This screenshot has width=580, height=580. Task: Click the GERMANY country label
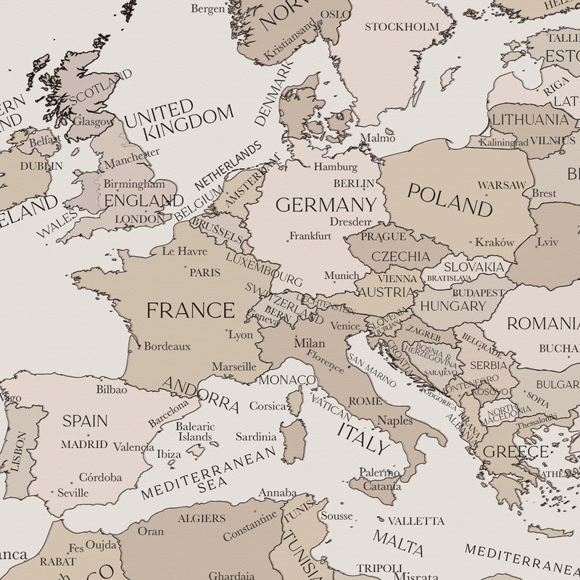click(326, 205)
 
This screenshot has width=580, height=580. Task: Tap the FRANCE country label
click(191, 310)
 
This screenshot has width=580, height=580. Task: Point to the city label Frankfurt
click(310, 236)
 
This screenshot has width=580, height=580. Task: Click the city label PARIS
click(204, 273)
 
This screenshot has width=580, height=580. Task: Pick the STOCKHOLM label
click(402, 27)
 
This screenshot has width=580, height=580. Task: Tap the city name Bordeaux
click(167, 346)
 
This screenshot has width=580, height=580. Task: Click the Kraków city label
click(494, 242)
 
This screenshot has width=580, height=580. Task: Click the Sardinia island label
click(256, 436)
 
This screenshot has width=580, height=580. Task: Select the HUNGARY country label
click(452, 306)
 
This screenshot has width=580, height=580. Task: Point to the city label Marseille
click(233, 367)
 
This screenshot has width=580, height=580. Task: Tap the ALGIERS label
click(202, 518)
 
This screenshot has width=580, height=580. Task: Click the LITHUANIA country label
click(530, 120)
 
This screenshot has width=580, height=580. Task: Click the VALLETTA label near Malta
click(415, 521)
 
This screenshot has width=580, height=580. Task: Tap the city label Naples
click(395, 420)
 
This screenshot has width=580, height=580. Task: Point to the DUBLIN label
click(41, 166)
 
